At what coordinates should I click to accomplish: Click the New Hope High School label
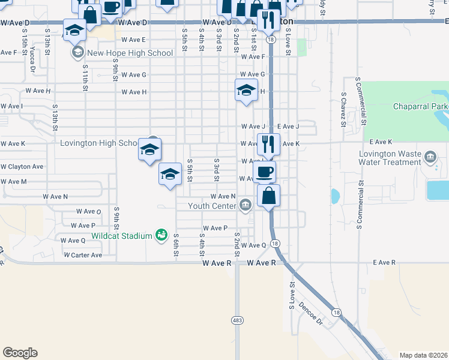click(130, 53)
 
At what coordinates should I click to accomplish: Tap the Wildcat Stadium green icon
click(161, 235)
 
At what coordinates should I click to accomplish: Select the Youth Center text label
click(212, 206)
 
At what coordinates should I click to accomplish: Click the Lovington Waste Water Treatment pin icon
click(430, 158)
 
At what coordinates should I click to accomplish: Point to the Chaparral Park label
click(420, 107)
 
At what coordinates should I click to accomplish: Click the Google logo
click(20, 353)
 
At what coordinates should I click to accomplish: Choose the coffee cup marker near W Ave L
click(265, 172)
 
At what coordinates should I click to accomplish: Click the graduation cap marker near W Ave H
click(246, 90)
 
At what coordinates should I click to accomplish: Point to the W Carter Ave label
click(82, 255)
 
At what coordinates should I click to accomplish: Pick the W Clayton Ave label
click(22, 166)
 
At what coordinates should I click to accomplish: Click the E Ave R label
click(384, 263)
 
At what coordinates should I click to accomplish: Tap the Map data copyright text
click(423, 355)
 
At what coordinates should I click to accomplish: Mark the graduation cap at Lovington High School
click(149, 149)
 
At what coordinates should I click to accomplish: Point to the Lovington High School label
click(98, 143)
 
